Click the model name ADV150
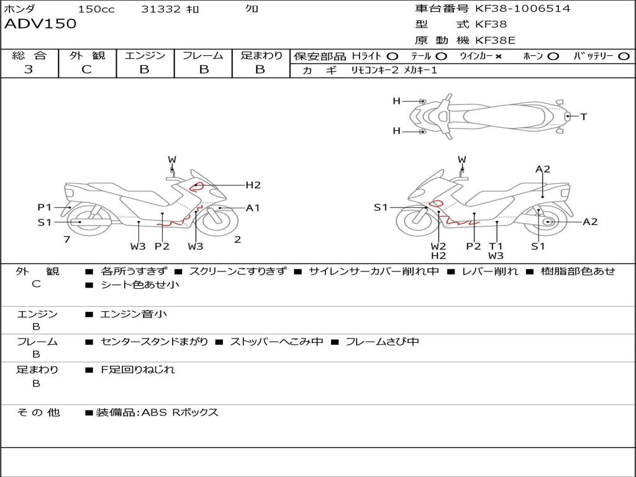[40, 24]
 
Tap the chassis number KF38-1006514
[523, 9]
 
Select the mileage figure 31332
[161, 9]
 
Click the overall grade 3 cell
[29, 70]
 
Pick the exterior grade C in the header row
[87, 70]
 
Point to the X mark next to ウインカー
[498, 57]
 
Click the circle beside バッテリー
[624, 57]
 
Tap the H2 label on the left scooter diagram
[253, 185]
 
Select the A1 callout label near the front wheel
[253, 208]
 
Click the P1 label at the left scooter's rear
[45, 207]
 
